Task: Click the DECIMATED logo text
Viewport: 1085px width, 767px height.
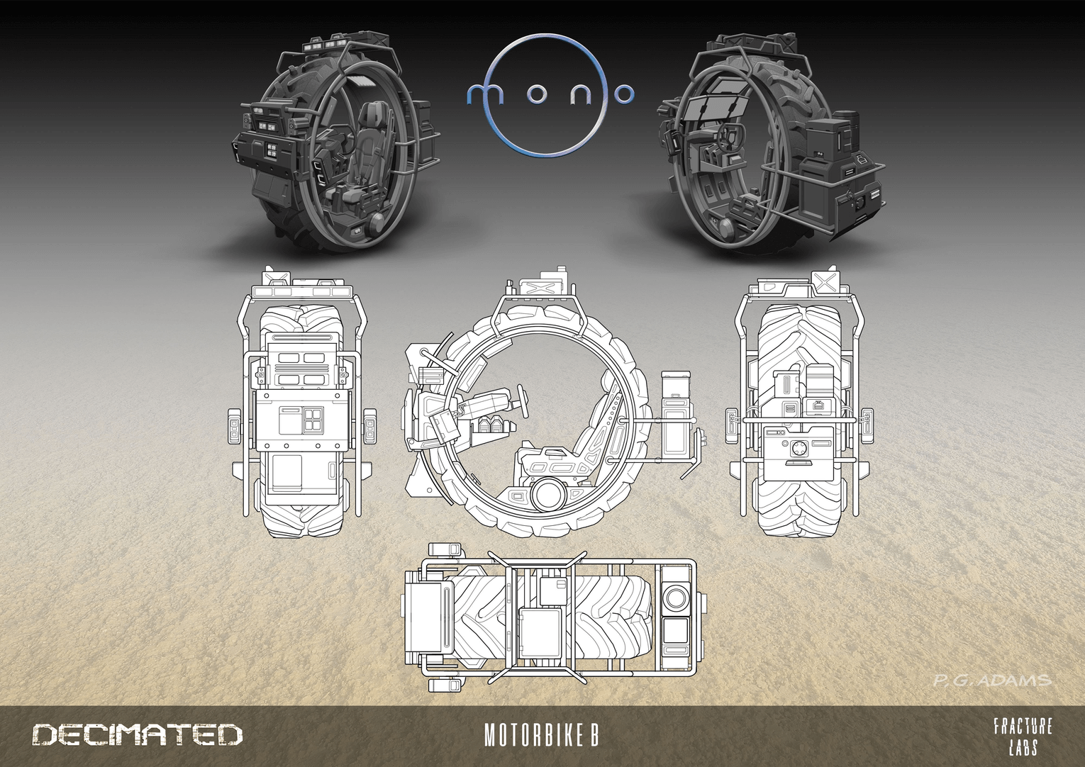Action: click(x=137, y=734)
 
